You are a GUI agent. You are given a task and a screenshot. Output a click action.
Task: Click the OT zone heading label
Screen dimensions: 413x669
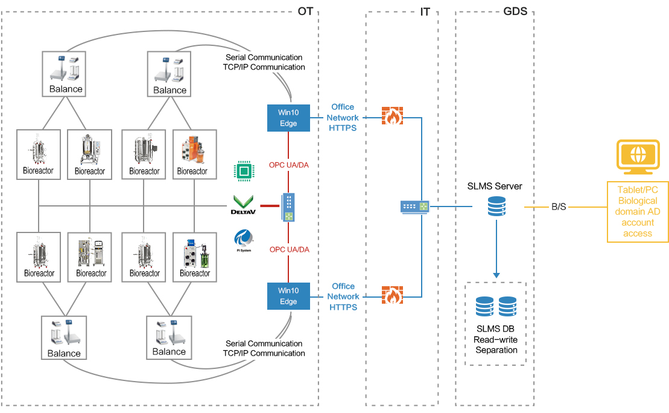(x=305, y=11)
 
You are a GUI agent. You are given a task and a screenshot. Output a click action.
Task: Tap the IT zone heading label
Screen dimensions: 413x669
(x=425, y=11)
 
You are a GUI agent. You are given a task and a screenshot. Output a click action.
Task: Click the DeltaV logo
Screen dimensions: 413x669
(x=244, y=205)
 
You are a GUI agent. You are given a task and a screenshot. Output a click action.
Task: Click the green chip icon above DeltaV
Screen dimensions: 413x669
(x=243, y=172)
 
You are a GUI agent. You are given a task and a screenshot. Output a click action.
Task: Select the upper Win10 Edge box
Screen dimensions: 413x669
(x=288, y=118)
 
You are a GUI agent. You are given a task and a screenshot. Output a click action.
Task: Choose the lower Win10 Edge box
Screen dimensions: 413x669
(x=288, y=296)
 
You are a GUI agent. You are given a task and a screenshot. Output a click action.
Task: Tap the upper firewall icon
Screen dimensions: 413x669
(x=392, y=116)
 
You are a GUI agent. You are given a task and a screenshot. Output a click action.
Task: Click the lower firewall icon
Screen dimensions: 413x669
(x=392, y=295)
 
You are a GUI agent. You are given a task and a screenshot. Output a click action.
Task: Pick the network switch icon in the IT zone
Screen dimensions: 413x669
(x=415, y=207)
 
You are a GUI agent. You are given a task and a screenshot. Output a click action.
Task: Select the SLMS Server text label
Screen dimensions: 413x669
(x=495, y=186)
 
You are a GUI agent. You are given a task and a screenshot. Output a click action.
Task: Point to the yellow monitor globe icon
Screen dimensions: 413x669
(x=637, y=156)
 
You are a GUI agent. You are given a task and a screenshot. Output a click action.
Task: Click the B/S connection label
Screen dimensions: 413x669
(x=559, y=206)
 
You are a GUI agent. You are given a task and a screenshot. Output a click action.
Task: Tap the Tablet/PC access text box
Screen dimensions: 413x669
(x=638, y=211)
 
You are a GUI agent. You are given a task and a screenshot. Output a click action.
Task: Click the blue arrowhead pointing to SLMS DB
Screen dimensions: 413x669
(x=496, y=275)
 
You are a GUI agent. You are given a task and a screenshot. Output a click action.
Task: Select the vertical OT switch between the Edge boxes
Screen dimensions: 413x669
(x=288, y=207)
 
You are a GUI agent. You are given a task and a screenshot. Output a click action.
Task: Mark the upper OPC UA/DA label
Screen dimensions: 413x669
(x=290, y=164)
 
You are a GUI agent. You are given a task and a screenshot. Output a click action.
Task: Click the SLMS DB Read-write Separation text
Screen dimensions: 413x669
(x=496, y=339)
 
